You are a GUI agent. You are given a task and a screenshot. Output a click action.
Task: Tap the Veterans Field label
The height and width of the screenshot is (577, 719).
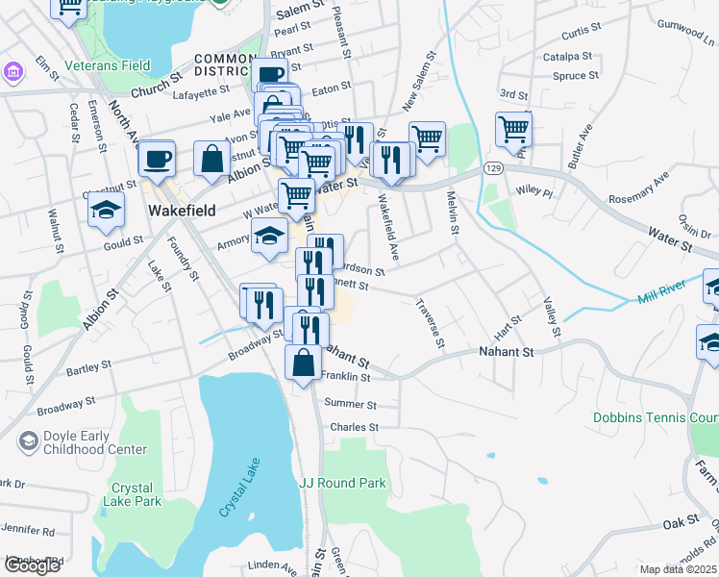click(x=108, y=66)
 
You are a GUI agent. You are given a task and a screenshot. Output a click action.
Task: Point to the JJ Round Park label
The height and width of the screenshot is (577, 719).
click(x=342, y=483)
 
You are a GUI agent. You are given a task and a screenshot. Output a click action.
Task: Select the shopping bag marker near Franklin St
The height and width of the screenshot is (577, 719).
click(x=304, y=364)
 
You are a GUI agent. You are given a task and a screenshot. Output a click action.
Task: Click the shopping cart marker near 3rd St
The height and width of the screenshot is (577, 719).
click(x=514, y=128)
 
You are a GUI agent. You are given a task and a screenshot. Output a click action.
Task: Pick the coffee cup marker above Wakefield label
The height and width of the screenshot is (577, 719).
click(x=158, y=158)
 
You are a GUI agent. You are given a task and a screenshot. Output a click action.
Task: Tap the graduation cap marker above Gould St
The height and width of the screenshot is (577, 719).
click(x=106, y=210)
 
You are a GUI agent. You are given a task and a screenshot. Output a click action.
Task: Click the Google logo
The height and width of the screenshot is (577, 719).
click(x=32, y=565)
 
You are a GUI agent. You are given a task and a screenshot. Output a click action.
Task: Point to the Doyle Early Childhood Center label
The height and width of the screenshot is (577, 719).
click(x=88, y=442)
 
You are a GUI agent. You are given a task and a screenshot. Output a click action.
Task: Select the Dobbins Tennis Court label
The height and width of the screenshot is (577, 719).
click(x=656, y=418)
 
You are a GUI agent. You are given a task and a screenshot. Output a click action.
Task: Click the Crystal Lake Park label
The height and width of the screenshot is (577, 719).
click(x=136, y=494)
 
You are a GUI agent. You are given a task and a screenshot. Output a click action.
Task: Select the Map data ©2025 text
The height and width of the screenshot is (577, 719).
click(x=679, y=569)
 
